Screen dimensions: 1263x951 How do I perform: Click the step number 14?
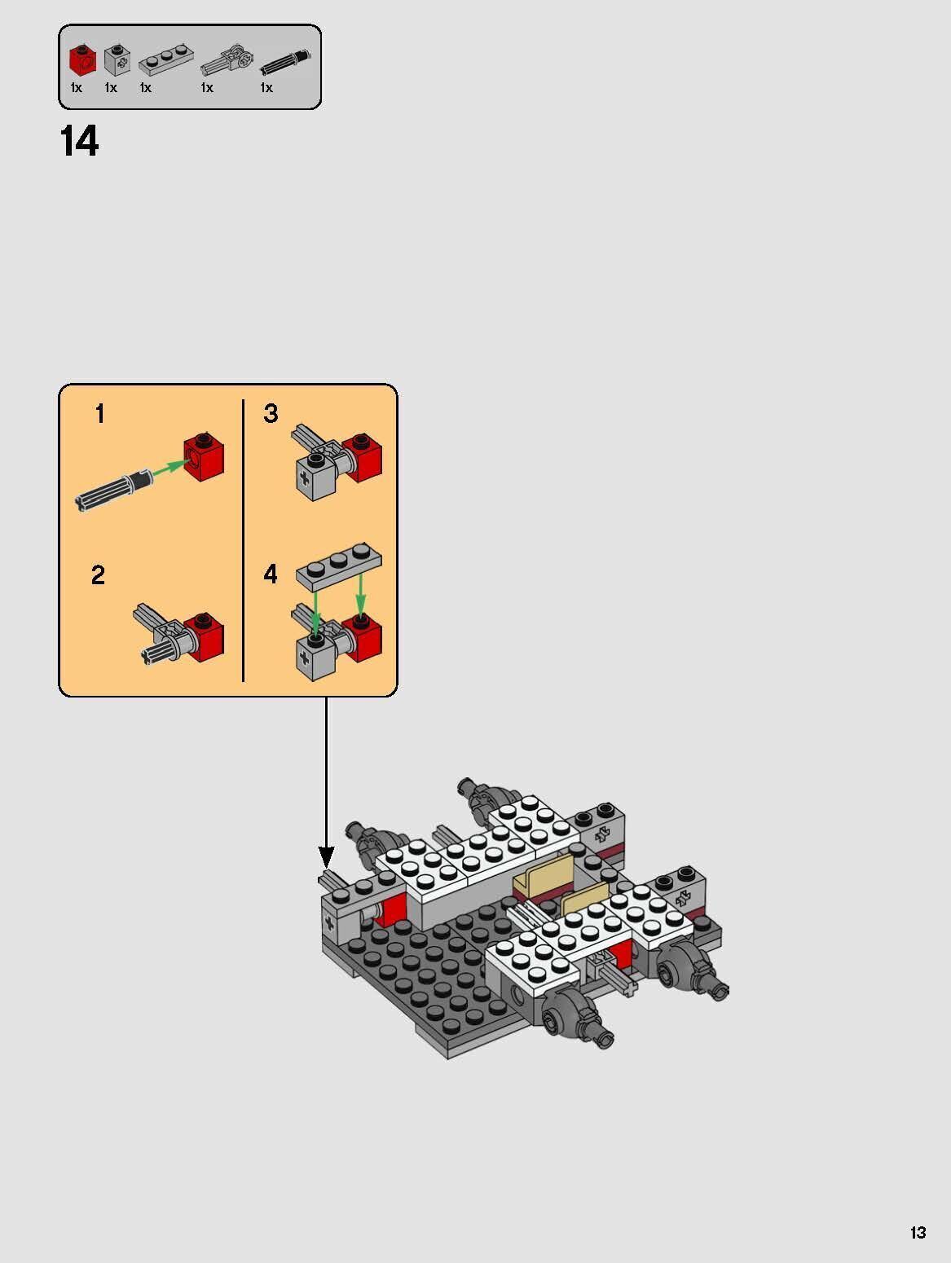click(x=79, y=142)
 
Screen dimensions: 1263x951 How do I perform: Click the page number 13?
click(x=918, y=1233)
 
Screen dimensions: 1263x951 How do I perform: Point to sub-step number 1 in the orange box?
click(x=99, y=414)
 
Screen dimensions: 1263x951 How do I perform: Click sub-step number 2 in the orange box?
click(x=98, y=575)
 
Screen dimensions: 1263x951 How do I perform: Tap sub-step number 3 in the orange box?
click(x=271, y=413)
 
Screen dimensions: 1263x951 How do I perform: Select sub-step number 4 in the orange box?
click(x=271, y=574)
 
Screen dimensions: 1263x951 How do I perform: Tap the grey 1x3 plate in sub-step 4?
click(x=339, y=564)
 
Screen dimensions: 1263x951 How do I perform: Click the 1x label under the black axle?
click(x=266, y=88)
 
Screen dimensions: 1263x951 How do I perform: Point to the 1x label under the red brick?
click(x=76, y=88)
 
